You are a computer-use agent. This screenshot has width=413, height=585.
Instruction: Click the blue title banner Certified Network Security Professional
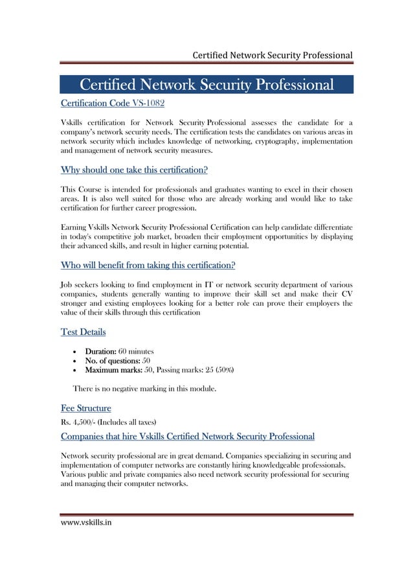point(206,85)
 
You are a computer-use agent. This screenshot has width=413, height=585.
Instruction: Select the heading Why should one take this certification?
point(133,171)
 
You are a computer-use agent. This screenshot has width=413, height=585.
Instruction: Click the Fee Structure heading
point(85,409)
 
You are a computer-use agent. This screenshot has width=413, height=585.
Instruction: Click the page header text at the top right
point(272,54)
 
